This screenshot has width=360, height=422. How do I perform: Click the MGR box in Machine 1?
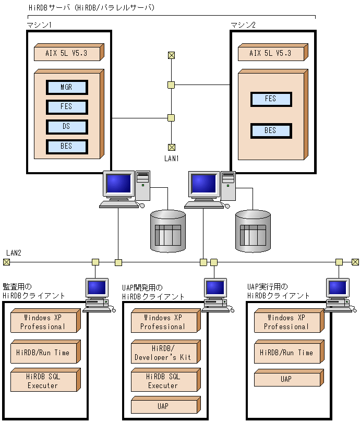[66, 87]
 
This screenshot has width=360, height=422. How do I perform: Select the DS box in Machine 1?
[66, 127]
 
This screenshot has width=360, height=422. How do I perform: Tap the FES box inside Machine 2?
[270, 99]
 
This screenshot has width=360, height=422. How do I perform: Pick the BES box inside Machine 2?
[270, 130]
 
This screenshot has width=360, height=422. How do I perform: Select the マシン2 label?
[243, 25]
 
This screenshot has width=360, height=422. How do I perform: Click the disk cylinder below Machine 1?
[168, 230]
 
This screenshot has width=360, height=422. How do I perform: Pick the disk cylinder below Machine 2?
[253, 230]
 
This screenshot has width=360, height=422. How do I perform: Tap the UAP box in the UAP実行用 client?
[286, 379]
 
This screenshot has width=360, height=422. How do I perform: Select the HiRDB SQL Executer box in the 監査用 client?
[43, 381]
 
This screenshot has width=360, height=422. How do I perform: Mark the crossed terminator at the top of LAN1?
[171, 55]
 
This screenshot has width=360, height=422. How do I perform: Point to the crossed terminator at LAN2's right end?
[355, 262]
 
